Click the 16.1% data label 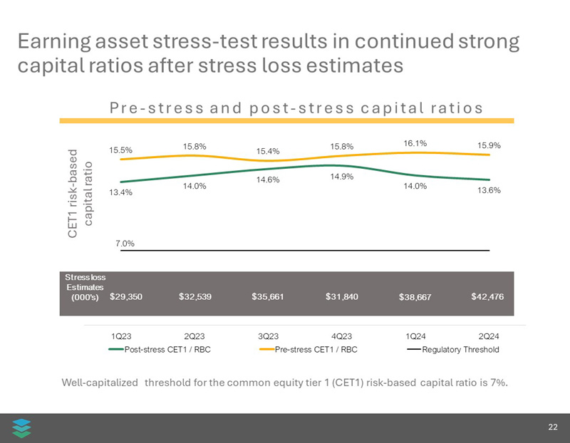tap(415, 143)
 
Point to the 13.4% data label tap(120, 192)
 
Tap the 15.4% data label tap(268, 151)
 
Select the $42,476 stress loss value tap(488, 296)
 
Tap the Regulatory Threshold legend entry tap(452, 349)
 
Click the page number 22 tap(553, 427)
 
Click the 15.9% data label tap(489, 145)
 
